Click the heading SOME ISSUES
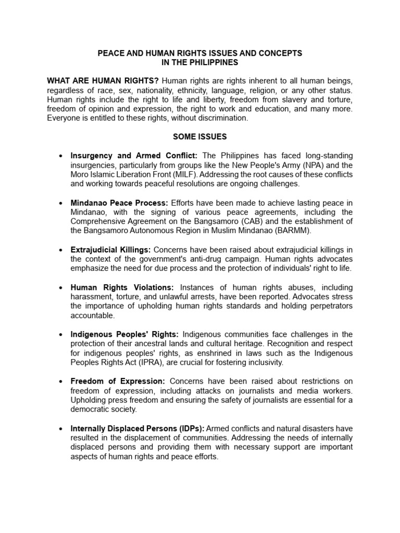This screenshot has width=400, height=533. click(x=200, y=137)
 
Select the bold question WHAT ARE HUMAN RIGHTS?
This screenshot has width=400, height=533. click(x=103, y=81)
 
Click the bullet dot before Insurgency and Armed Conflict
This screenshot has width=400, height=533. click(x=62, y=156)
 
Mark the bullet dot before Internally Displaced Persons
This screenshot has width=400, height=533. click(x=62, y=428)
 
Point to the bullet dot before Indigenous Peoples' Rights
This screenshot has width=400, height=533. click(x=62, y=334)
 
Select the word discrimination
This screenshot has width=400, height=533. click(x=221, y=118)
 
